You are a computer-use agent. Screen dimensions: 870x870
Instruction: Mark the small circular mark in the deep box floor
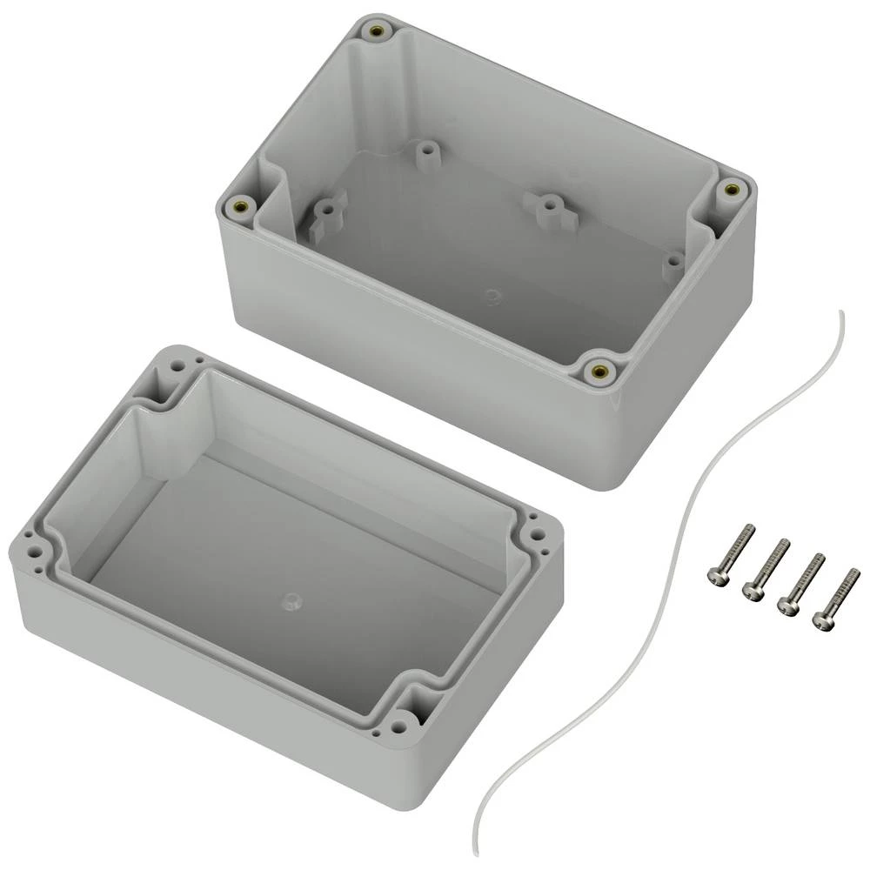point(493,298)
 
